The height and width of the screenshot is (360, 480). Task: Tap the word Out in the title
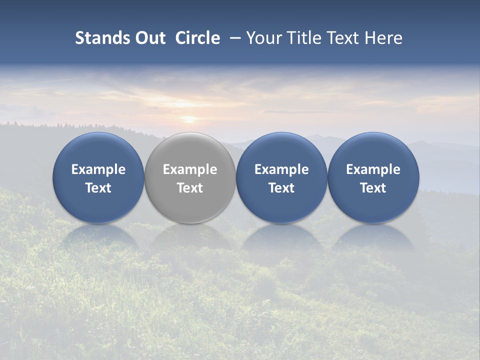pyautogui.click(x=149, y=38)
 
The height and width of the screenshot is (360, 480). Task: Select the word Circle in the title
pyautogui.click(x=197, y=38)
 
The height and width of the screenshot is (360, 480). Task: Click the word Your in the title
pyautogui.click(x=263, y=38)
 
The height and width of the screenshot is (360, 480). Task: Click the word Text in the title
pyautogui.click(x=342, y=38)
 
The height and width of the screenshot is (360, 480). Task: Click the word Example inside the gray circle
pyautogui.click(x=190, y=169)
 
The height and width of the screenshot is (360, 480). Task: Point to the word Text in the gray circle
pyautogui.click(x=190, y=188)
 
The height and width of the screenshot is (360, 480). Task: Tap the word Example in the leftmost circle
pyautogui.click(x=98, y=169)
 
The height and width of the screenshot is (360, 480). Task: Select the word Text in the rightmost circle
pyautogui.click(x=373, y=188)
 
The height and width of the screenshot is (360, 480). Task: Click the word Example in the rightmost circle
pyautogui.click(x=373, y=169)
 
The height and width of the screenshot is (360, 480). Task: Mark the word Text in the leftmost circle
pyautogui.click(x=98, y=188)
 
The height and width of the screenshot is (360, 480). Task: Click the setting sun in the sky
pyautogui.click(x=189, y=119)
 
